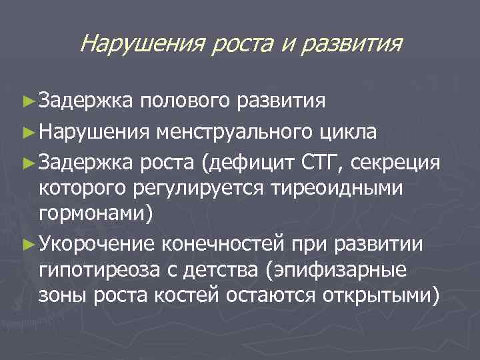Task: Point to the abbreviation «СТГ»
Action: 324,162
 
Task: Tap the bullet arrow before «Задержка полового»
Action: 27,103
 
